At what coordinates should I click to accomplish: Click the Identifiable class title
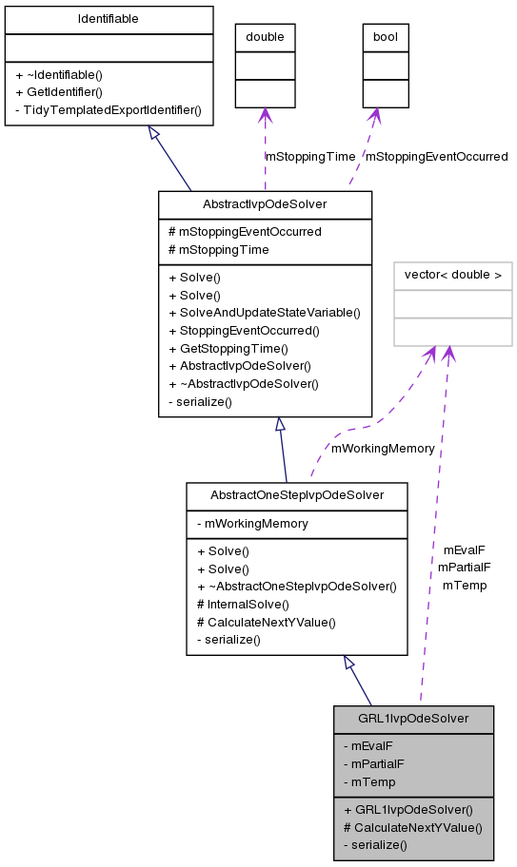[109, 19]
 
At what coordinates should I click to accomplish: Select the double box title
[265, 37]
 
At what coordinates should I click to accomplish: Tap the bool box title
[386, 37]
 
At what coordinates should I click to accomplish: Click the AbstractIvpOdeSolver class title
[265, 204]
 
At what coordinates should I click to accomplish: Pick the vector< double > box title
[453, 276]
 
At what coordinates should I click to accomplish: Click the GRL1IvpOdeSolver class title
[413, 719]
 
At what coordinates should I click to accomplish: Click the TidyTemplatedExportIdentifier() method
[109, 109]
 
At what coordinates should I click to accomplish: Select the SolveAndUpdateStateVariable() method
[264, 313]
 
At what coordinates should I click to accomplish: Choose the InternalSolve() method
[242, 604]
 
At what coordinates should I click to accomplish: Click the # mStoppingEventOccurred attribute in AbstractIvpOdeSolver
[245, 231]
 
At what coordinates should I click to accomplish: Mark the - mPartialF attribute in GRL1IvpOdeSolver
[373, 763]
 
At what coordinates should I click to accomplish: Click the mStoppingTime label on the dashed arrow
[310, 156]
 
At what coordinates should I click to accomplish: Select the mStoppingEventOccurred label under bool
[436, 156]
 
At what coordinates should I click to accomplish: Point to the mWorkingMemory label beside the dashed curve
[383, 448]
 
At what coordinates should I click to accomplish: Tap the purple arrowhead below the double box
[265, 116]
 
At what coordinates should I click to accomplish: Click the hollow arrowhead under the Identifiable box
[153, 132]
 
